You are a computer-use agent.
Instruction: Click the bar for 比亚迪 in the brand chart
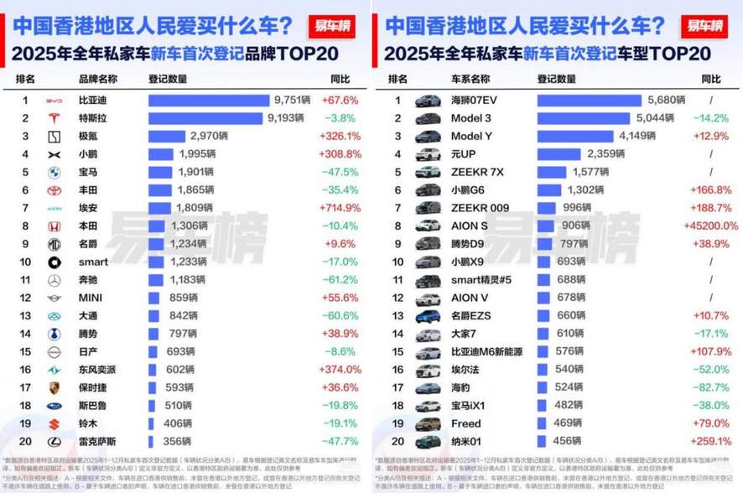point(209,101)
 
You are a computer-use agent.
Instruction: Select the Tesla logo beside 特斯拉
point(54,118)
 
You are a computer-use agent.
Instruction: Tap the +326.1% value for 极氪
point(340,136)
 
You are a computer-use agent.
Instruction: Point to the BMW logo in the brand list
point(54,172)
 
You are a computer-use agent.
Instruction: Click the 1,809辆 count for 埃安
point(194,207)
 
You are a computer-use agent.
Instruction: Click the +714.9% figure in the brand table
point(340,207)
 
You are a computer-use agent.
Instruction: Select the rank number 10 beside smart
point(25,261)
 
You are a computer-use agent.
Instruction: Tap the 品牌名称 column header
point(97,80)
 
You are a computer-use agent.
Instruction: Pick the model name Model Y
point(470,136)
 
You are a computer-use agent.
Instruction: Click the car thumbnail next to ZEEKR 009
point(428,207)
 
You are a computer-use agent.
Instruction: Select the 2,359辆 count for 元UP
point(605,154)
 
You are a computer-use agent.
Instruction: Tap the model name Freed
point(465,423)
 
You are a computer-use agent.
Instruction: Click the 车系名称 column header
point(469,80)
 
